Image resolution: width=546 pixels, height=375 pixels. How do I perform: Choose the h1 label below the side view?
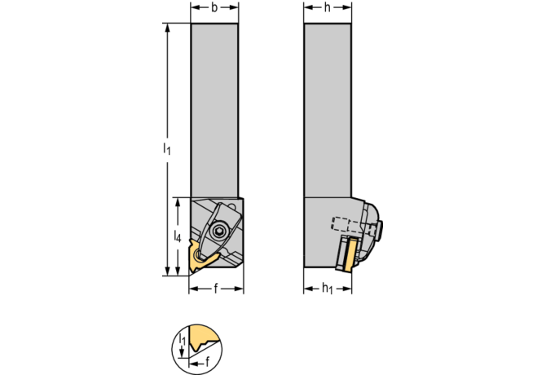[328, 289]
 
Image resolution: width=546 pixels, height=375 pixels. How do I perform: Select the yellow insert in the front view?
[199, 259]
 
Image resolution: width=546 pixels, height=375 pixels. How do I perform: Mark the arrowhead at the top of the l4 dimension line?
[178, 201]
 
